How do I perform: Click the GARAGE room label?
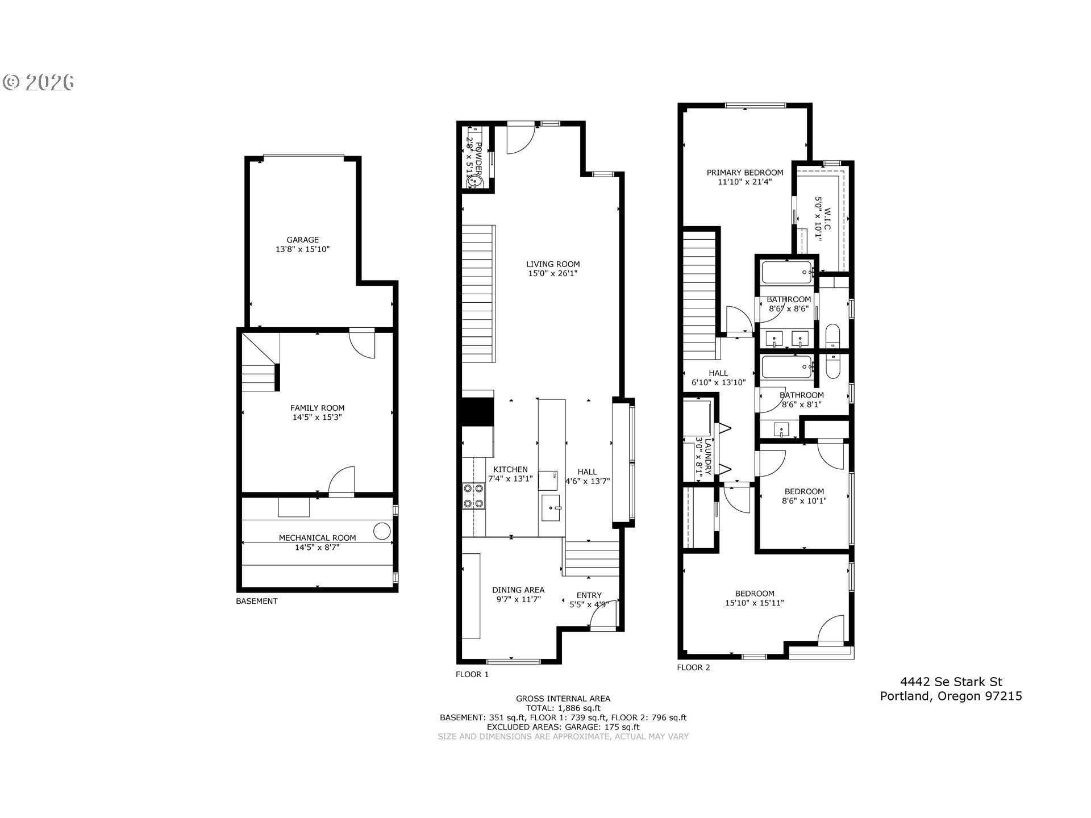tap(302, 240)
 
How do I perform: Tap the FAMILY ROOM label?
tap(317, 408)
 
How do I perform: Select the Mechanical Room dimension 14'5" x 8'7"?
tap(317, 548)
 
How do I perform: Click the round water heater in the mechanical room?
tap(382, 531)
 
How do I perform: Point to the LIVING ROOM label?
tap(553, 264)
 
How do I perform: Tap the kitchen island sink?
tap(551, 507)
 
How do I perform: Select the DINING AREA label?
tap(518, 590)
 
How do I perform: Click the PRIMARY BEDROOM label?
tap(745, 173)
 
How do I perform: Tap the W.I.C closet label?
tap(827, 219)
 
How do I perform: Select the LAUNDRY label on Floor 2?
tap(708, 457)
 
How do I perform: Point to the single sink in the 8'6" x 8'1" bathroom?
tap(781, 430)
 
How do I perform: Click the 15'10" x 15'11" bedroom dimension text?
tap(755, 603)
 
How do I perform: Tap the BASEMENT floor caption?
tap(257, 601)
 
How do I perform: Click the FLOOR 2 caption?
tap(693, 667)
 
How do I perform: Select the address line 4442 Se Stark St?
tap(951, 682)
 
